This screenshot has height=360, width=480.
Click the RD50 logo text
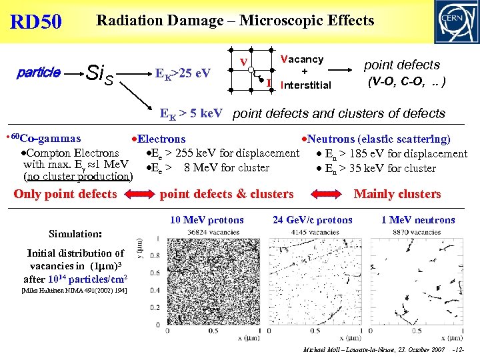tap(36, 22)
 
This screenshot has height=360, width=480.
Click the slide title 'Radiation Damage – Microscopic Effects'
tap(235, 21)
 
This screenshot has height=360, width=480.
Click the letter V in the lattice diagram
tap(245, 63)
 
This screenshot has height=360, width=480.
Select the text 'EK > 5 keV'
tap(191, 113)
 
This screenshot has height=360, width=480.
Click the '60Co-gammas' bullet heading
tap(43, 139)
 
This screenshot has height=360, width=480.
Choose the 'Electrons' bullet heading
tap(158, 139)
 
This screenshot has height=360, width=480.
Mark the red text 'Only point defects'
tap(65, 194)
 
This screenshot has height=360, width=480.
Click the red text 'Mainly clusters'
tap(397, 194)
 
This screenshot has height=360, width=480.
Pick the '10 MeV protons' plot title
tap(207, 220)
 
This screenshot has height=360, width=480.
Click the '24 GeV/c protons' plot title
tap(313, 220)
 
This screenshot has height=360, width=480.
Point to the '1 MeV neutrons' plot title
tap(418, 220)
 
